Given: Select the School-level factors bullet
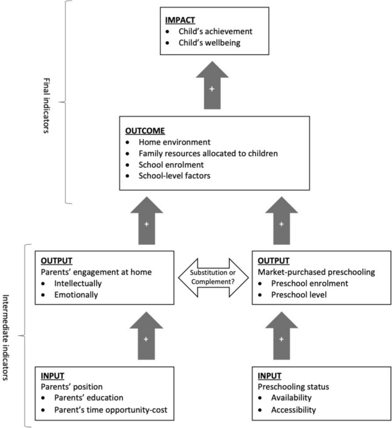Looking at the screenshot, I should coord(174,176).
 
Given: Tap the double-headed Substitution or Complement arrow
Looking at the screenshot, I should coord(213,276).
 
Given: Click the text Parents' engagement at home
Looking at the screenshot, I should coord(96,272).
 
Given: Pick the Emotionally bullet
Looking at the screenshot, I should coord(77,295).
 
